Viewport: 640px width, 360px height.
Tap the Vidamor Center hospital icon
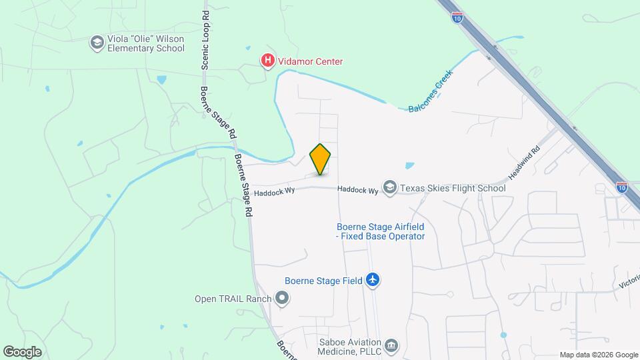coord(267,61)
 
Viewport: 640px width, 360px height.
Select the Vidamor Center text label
coord(311,61)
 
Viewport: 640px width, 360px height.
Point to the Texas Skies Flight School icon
coord(389,188)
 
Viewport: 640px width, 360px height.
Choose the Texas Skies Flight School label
coord(453,188)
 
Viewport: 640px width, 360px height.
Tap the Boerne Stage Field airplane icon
coord(373,280)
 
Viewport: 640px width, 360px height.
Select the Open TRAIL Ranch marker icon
coord(282,298)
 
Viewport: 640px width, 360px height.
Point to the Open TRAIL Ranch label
coord(233,299)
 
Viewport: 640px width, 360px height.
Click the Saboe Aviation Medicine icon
coord(391,345)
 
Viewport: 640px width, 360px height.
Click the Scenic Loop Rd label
coord(205,39)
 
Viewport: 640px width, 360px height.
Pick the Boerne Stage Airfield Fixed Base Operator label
coord(380,231)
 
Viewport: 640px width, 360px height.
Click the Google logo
coord(22,351)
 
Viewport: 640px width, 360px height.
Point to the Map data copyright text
coord(599,355)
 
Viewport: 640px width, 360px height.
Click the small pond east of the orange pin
coord(409,165)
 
